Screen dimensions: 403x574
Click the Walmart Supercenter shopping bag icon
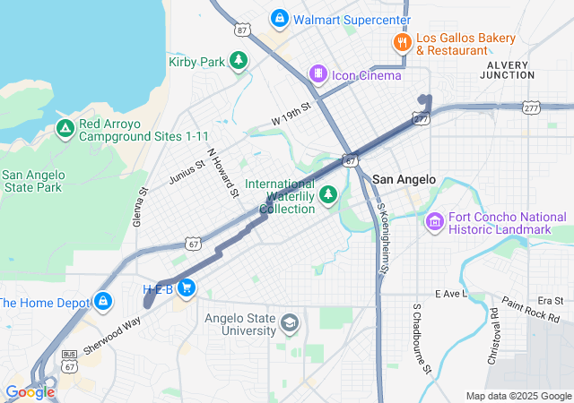coord(280,19)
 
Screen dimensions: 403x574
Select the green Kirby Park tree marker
coord(238,61)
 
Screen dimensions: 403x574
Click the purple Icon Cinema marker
coord(317,73)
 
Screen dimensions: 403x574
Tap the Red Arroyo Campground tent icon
coord(65,129)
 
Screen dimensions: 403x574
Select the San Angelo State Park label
coord(32,181)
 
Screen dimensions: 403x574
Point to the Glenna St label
coord(140,206)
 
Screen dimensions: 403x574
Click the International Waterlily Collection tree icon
coord(328,194)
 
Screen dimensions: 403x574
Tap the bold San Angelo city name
coord(404,179)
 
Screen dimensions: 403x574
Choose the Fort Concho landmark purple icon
coord(435,220)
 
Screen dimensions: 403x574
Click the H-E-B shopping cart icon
coord(187,287)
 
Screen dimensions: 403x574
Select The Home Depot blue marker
coord(104,301)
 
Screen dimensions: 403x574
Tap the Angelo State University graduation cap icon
coord(290,322)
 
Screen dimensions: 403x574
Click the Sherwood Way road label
coord(112,333)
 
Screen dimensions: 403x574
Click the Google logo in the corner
coord(29,392)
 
